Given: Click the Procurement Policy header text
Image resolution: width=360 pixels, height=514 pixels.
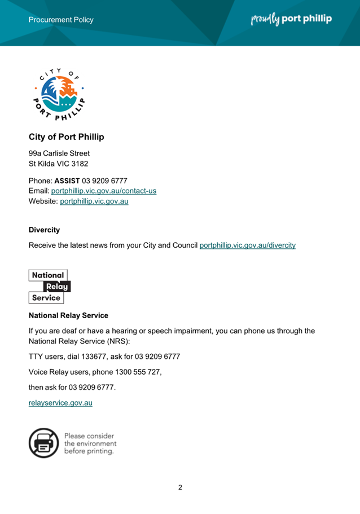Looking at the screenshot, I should pos(61,20).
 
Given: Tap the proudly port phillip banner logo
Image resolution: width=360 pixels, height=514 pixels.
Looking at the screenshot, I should pos(291,19).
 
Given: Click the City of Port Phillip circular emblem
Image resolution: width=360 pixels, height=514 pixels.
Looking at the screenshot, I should pos(59,95).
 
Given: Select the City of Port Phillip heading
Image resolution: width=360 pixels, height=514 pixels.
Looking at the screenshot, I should pos(66,137).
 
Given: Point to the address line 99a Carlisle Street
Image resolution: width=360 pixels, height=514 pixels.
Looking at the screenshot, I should pos(59,153).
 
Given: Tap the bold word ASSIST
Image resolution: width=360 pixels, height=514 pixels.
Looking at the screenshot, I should pos(67,181).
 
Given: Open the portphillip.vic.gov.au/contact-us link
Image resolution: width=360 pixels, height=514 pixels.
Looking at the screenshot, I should pos(104,191).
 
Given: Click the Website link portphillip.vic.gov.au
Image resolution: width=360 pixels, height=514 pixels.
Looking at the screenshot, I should pos(94,201).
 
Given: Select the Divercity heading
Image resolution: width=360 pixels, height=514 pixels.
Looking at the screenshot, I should pos(44,230).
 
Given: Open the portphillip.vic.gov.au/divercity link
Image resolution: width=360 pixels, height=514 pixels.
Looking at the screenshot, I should pos(247,245).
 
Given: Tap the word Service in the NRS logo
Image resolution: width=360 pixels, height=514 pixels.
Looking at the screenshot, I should pos(46,298).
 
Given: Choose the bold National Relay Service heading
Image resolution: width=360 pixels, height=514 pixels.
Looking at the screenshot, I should pos(68,315).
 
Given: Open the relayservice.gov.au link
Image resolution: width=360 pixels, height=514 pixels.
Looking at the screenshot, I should pos(60,403).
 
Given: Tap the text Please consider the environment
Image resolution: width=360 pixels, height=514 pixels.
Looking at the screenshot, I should pos(90,443).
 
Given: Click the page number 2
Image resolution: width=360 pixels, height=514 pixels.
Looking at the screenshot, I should pos(180,488).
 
